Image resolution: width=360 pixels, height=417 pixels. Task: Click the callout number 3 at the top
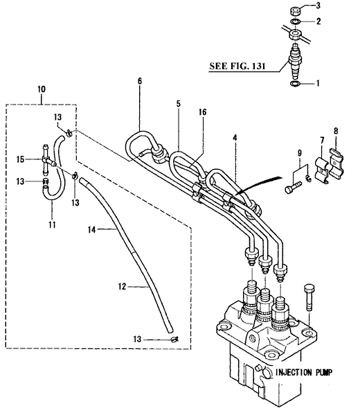click(318, 6)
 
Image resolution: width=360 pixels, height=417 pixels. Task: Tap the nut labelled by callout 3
click(295, 12)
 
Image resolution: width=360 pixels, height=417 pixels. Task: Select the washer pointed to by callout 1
click(295, 84)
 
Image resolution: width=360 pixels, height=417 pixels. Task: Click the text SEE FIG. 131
click(237, 66)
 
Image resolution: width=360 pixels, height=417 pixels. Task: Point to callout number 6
click(140, 81)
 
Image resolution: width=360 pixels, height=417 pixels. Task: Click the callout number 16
click(202, 112)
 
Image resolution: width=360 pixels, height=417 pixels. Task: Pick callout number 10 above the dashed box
click(42, 89)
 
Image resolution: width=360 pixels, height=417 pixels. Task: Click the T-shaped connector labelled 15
click(47, 161)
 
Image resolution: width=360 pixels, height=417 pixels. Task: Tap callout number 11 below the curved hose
click(52, 224)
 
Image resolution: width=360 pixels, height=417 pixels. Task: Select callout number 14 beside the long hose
click(91, 229)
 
